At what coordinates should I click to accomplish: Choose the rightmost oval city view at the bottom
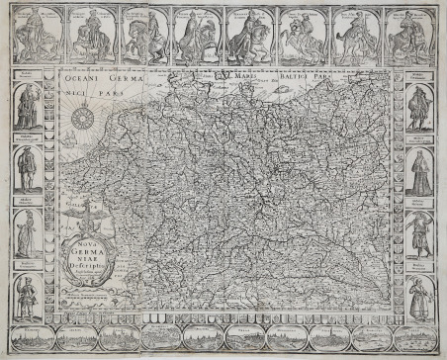click(x=406, y=339)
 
